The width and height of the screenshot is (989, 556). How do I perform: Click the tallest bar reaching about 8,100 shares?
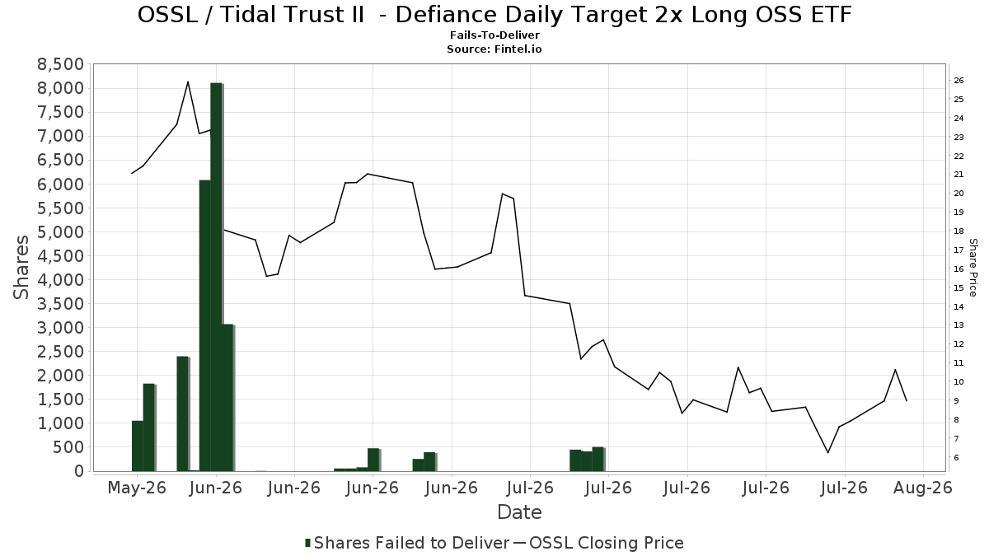216,277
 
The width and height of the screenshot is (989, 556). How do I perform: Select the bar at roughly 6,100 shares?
205,325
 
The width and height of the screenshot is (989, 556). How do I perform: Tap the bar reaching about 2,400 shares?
182,413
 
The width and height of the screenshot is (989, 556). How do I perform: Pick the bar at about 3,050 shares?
227,398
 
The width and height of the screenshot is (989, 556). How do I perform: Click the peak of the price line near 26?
188,82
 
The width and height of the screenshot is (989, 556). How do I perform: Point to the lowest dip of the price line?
827,452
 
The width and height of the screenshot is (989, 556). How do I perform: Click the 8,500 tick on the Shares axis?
60,64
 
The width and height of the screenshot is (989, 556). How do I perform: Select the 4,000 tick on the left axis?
60,280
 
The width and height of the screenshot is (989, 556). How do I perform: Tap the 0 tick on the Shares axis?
79,471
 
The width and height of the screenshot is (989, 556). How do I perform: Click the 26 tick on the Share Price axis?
959,81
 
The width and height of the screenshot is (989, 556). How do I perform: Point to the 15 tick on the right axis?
959,287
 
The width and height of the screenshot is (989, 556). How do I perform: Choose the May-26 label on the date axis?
137,488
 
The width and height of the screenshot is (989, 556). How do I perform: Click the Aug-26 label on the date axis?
923,488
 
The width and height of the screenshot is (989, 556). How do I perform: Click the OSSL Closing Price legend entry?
598,543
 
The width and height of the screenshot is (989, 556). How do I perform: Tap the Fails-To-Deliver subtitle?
494,35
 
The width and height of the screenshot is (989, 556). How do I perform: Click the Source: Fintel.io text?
494,49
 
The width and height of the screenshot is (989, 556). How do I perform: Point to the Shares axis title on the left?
21,268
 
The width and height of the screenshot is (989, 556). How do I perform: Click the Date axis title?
519,512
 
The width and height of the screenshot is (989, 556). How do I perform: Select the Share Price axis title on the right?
973,268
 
